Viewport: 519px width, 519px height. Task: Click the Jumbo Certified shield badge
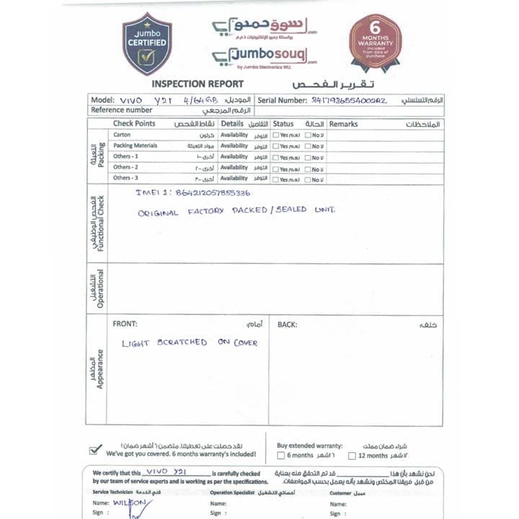tap(147, 44)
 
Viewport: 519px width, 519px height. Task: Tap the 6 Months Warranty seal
tap(375, 41)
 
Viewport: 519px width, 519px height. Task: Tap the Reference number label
tap(122, 110)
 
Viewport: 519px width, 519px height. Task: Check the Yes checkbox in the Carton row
tap(276, 135)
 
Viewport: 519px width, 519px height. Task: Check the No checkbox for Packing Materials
tap(308, 146)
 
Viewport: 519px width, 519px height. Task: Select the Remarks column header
tap(343, 124)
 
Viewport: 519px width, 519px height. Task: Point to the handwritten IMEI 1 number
tap(193, 193)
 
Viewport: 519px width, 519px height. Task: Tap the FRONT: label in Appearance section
tap(125, 324)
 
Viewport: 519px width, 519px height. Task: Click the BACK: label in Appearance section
tap(287, 324)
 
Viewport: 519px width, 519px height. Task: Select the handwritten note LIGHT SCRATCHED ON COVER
tap(190, 342)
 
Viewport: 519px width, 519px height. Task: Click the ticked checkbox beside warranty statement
tap(95, 450)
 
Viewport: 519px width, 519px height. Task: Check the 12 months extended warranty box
tap(352, 456)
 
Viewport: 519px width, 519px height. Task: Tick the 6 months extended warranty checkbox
tap(280, 456)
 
